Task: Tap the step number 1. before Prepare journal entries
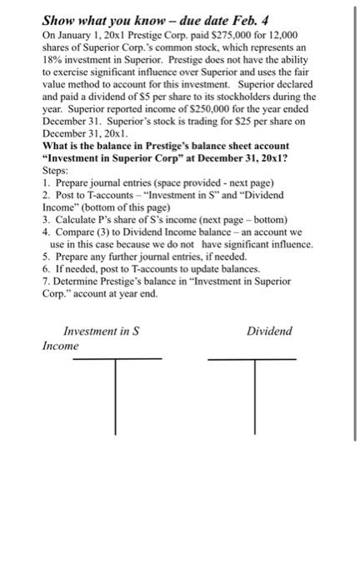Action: click(x=46, y=182)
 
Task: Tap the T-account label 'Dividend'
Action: click(x=269, y=331)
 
